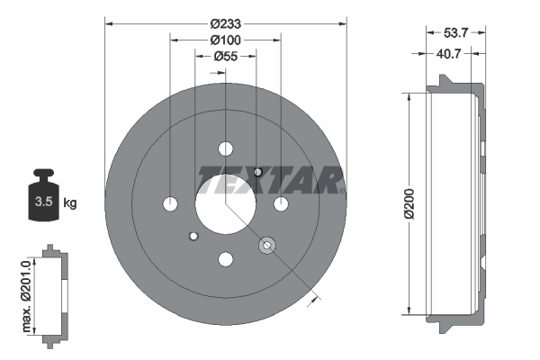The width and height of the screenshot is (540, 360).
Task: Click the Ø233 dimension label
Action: click(224, 23)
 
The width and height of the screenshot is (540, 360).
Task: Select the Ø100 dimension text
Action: click(224, 40)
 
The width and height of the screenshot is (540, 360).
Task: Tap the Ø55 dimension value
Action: click(224, 57)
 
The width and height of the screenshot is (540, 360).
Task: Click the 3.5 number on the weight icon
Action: click(41, 202)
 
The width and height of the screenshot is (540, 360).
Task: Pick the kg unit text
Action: click(70, 202)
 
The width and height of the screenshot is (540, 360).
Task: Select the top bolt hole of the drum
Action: click(225, 148)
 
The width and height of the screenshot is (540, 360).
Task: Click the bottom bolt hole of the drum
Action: click(225, 260)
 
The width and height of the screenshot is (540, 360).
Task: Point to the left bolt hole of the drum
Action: click(170, 204)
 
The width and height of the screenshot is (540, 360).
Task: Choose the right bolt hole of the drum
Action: click(281, 204)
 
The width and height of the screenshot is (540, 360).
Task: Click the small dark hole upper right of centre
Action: click(257, 171)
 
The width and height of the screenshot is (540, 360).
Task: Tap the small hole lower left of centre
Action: click(193, 237)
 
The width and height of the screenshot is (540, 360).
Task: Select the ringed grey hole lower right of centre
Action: click(265, 245)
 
